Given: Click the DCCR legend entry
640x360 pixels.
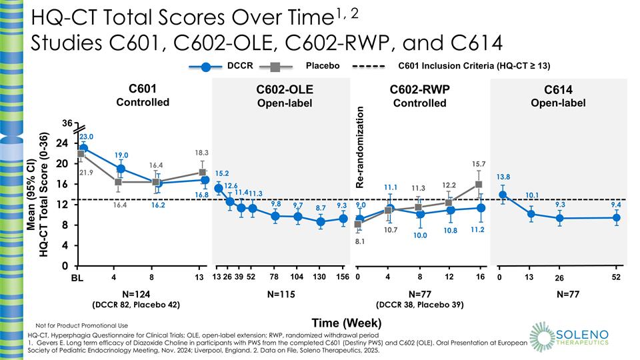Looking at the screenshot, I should [227, 66].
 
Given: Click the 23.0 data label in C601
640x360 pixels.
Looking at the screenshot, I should [87, 136].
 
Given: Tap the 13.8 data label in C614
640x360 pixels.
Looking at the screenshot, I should [504, 177].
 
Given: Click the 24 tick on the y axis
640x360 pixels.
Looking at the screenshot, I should [61, 143].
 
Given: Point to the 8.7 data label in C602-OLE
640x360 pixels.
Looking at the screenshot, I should [321, 208].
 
